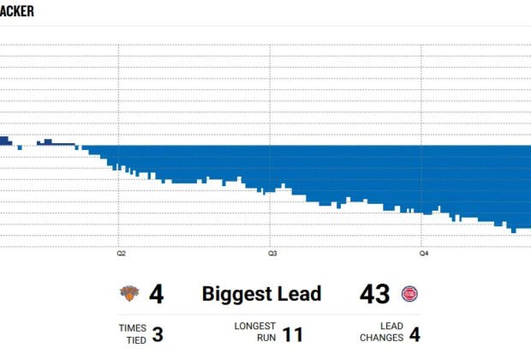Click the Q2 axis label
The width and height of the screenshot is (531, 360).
pos(121,254)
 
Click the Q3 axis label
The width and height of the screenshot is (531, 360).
pos(271,254)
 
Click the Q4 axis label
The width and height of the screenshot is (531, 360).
pos(423,254)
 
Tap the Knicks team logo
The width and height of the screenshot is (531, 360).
pos(128,294)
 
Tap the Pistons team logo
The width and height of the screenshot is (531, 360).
pos(409,294)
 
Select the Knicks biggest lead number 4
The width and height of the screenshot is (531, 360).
pos(156,294)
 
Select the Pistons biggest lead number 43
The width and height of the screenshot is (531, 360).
pos(374,294)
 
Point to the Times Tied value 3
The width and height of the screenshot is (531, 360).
pos(158,333)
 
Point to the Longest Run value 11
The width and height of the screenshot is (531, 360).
pos(293,333)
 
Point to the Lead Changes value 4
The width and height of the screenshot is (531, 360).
pos(415,333)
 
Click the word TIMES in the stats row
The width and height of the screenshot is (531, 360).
pos(133,327)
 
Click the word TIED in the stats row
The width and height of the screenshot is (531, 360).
pos(136,339)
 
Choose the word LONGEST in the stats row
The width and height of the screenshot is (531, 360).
pos(255,327)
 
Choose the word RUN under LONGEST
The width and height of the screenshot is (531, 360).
pos(265,339)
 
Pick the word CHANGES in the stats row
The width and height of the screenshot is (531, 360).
pos(381,339)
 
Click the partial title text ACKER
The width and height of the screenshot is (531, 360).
pos(16,11)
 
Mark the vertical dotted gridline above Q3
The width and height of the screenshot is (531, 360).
pos(271,103)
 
